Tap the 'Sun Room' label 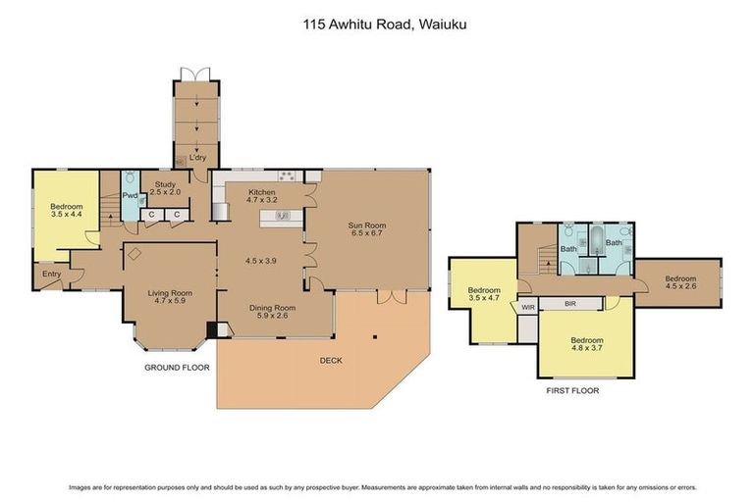[x=364, y=226]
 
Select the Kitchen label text [x=262, y=192]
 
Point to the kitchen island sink [x=283, y=216]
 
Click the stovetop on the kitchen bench [x=287, y=176]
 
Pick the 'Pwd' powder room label [x=130, y=195]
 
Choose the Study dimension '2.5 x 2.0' [x=166, y=193]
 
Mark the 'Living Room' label [x=169, y=292]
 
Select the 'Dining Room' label [x=276, y=306]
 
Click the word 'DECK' [x=330, y=360]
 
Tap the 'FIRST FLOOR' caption [x=572, y=390]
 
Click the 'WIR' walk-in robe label [x=528, y=307]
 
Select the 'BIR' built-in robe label [x=569, y=305]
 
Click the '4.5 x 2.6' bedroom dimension [x=680, y=287]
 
